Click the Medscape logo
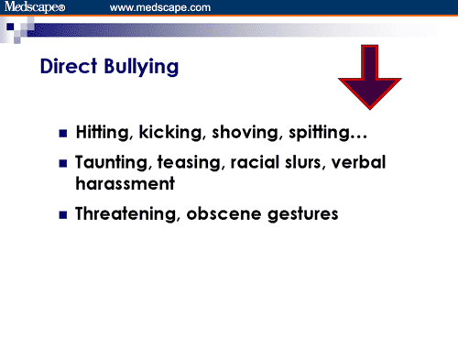[x=35, y=7]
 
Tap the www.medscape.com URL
[x=160, y=7]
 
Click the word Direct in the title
[x=69, y=66]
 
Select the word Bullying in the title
[x=141, y=67]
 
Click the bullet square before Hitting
[x=63, y=134]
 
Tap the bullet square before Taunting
[x=63, y=164]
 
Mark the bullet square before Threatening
[x=63, y=215]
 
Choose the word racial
[x=255, y=162]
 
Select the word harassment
[x=125, y=183]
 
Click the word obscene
[x=224, y=213]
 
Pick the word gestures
[x=303, y=214]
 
